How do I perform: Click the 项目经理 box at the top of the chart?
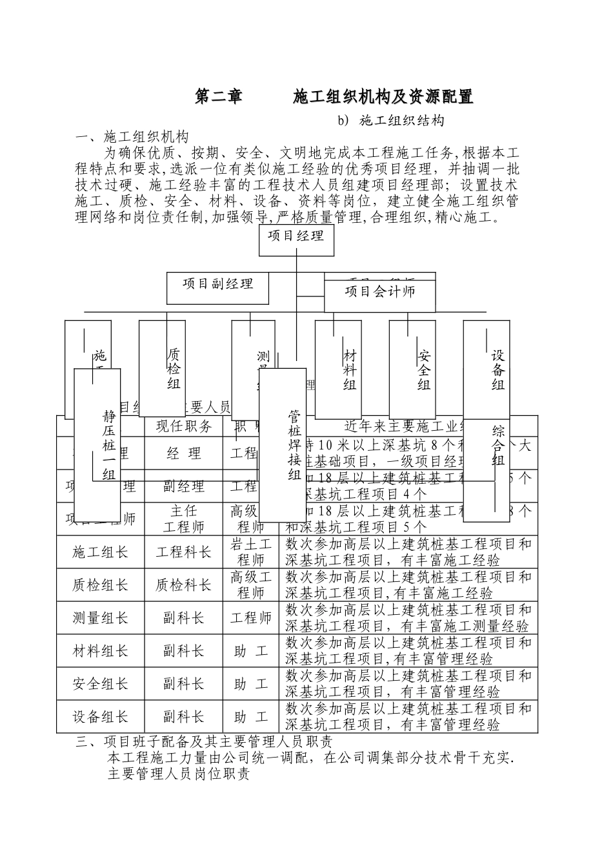click(x=296, y=236)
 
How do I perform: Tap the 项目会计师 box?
click(x=379, y=291)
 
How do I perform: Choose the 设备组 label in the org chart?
click(x=497, y=370)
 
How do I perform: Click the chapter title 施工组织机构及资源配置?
click(x=383, y=97)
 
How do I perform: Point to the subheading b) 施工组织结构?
click(x=392, y=121)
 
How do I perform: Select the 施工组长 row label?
click(x=100, y=552)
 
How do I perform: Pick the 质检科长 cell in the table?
click(x=184, y=585)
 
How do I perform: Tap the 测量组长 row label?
click(x=100, y=618)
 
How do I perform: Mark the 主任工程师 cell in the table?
click(x=184, y=519)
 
